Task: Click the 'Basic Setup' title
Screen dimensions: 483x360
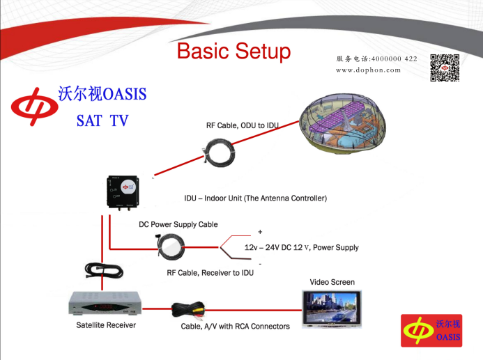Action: click(x=233, y=52)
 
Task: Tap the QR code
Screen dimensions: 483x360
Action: click(x=445, y=68)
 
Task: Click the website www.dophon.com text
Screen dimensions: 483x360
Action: click(x=369, y=70)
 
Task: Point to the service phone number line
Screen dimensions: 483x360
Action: click(x=376, y=58)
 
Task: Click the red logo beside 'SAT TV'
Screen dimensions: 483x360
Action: click(x=35, y=107)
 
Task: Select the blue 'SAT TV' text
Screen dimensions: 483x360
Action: click(x=102, y=120)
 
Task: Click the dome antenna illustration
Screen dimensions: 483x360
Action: click(x=342, y=123)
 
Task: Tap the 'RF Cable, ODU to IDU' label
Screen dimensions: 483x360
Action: click(x=243, y=125)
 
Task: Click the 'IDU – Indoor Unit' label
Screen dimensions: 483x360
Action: click(x=255, y=198)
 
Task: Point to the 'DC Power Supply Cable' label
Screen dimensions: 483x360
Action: click(x=178, y=224)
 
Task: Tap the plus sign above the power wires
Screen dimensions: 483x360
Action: click(x=260, y=232)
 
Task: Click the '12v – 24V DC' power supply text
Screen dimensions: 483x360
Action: click(x=302, y=247)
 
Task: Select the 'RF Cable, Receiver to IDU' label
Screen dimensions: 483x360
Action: click(x=210, y=273)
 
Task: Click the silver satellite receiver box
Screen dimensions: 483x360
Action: click(x=105, y=303)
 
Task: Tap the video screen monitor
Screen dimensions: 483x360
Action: click(x=332, y=309)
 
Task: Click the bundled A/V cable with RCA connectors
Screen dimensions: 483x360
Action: click(x=188, y=310)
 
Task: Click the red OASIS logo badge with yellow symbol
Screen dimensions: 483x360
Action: click(x=431, y=331)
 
